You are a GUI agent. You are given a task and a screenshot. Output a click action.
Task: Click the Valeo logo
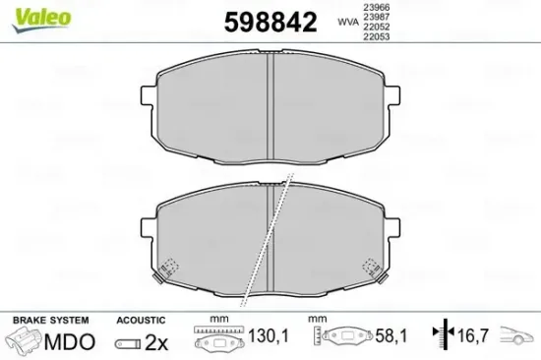(x=26, y=12)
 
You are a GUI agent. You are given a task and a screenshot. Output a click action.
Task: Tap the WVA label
(x=346, y=20)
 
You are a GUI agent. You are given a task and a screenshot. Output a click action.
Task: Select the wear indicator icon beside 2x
(x=128, y=342)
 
